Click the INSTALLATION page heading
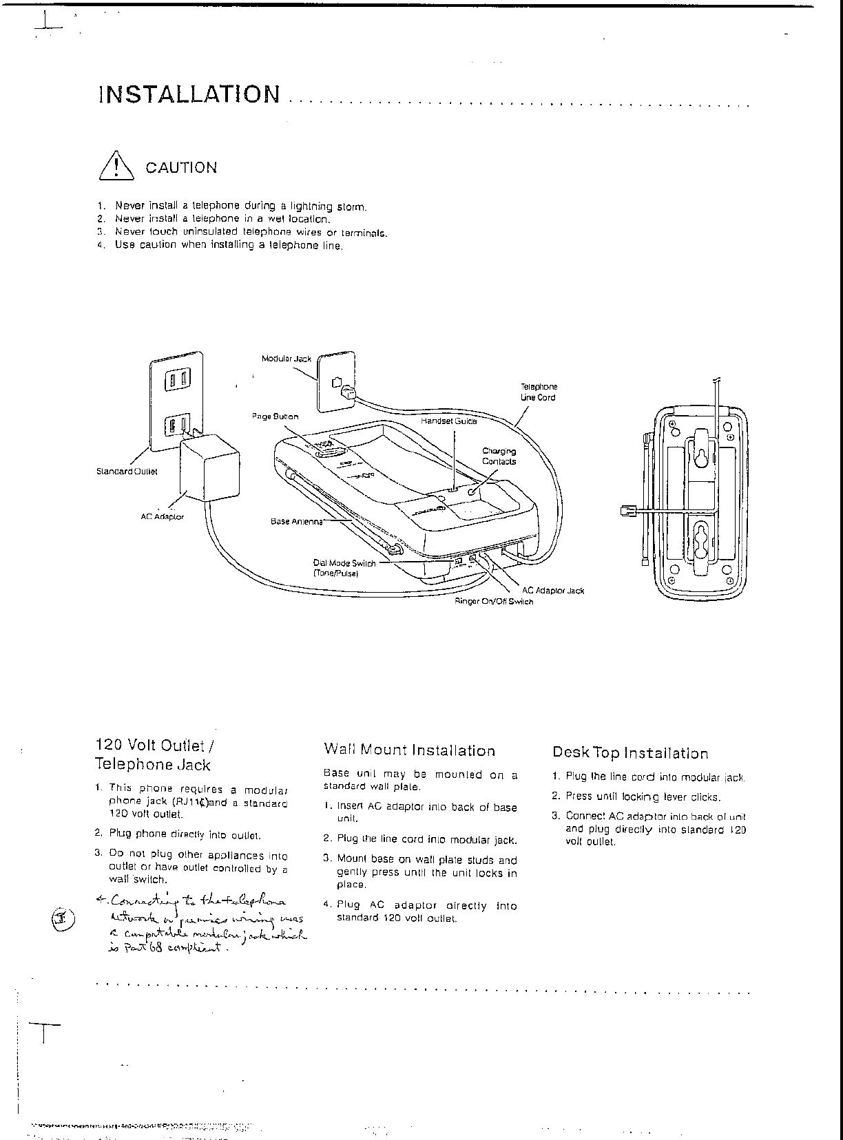pos(189,94)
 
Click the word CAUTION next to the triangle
pos(181,168)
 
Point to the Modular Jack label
pos(286,359)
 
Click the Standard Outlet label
pos(127,472)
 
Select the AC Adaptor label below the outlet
pos(162,516)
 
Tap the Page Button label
pos(275,416)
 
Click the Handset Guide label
pos(449,421)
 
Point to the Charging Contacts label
pos(499,456)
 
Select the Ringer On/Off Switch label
pos(493,601)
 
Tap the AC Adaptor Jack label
pos(552,590)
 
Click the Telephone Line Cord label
pos(539,392)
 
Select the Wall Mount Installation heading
pos(409,750)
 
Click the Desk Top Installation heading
pos(629,753)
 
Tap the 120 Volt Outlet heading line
pos(150,746)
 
